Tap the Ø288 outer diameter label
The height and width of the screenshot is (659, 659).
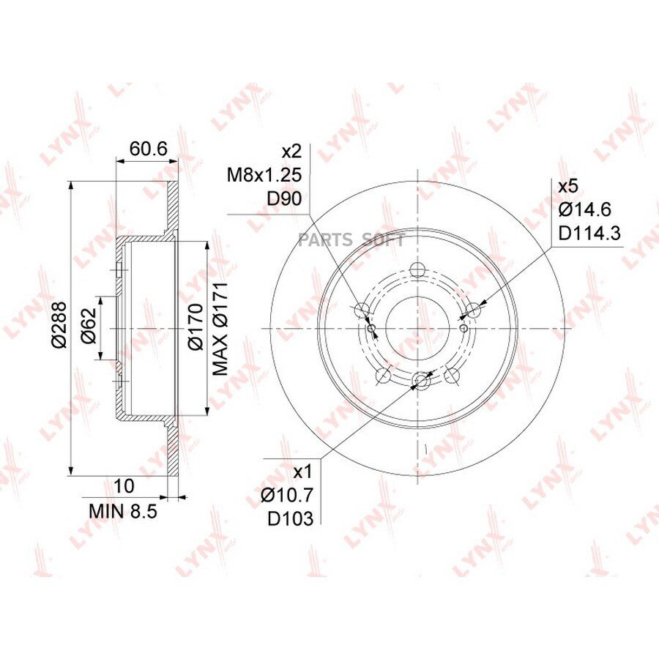click(x=60, y=324)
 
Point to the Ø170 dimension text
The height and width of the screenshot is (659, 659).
click(x=195, y=327)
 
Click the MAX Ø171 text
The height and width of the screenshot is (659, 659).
click(x=220, y=329)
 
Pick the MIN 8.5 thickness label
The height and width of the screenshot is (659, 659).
click(x=123, y=512)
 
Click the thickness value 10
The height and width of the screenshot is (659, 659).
click(x=124, y=486)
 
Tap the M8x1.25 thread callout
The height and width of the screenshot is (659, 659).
click(x=264, y=175)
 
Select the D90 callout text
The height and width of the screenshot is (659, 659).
click(x=285, y=198)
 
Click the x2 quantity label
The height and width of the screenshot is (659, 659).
click(x=291, y=152)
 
